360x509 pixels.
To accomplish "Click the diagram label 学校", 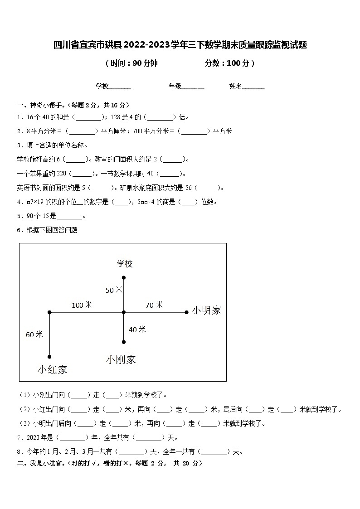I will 125,264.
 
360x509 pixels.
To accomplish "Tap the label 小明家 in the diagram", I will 206,310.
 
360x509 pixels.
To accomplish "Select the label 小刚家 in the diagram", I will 121,360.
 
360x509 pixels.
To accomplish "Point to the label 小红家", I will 52,369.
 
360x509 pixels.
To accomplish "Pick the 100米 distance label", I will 82,305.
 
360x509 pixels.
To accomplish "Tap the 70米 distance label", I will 154,305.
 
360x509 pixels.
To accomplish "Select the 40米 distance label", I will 137,330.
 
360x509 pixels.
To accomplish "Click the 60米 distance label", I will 34,334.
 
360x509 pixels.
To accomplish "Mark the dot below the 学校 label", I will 124,277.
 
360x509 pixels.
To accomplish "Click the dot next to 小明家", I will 186,312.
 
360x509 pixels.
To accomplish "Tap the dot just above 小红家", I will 49,357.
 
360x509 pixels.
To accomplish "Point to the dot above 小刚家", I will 124,342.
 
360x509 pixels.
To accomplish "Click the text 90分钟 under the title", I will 145,63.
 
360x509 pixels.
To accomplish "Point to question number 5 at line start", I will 19,216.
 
